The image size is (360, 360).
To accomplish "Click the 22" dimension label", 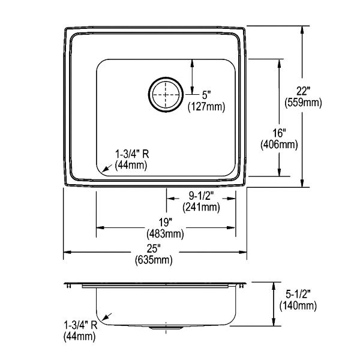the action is click(303, 91).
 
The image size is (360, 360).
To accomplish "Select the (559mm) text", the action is click(303, 103).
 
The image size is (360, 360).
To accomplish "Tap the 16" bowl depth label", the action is click(279, 133).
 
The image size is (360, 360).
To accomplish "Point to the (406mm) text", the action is click(279, 145).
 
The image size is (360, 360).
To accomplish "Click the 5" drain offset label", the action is click(206, 95).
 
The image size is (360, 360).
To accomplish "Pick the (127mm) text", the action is click(206, 107).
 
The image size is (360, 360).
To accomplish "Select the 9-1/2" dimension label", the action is click(201, 196).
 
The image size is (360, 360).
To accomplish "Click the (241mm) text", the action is click(201, 207).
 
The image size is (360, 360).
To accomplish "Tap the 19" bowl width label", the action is click(166, 223).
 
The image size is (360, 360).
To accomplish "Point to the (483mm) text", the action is click(165, 234).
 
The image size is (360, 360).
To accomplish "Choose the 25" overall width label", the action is click(154, 248).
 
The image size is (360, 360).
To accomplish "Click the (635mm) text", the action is click(154, 260).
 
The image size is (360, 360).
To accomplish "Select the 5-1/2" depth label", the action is click(298, 294).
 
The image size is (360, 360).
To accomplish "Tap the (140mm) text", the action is click(298, 305).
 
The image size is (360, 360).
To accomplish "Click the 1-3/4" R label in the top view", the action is click(132, 154).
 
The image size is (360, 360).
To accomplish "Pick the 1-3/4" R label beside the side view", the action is click(80, 325).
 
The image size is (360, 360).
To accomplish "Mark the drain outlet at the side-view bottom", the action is click(166, 328).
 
